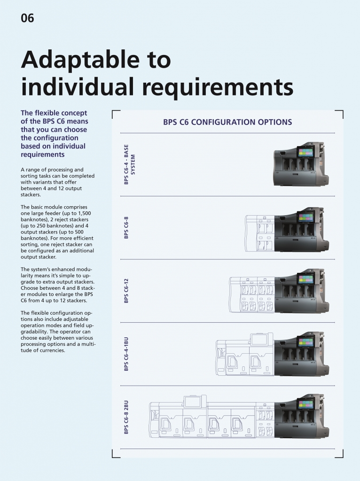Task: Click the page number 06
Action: pos(27,18)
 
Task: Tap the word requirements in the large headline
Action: pos(218,87)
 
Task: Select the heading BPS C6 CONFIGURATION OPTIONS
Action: pos(227,122)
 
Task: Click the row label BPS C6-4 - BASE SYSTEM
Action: pos(129,164)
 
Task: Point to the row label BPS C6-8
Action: pos(126,228)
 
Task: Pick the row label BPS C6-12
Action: pos(126,291)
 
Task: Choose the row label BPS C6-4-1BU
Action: pos(126,354)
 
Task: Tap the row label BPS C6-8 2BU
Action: pos(126,417)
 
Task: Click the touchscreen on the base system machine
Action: pos(305,153)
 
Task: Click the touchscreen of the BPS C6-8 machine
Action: pos(305,217)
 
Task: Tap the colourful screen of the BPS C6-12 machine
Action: pos(305,279)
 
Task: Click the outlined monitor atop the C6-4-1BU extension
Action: pos(259,339)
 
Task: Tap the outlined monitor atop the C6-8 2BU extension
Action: pos(193,402)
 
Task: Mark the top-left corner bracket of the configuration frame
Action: pos(113,111)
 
